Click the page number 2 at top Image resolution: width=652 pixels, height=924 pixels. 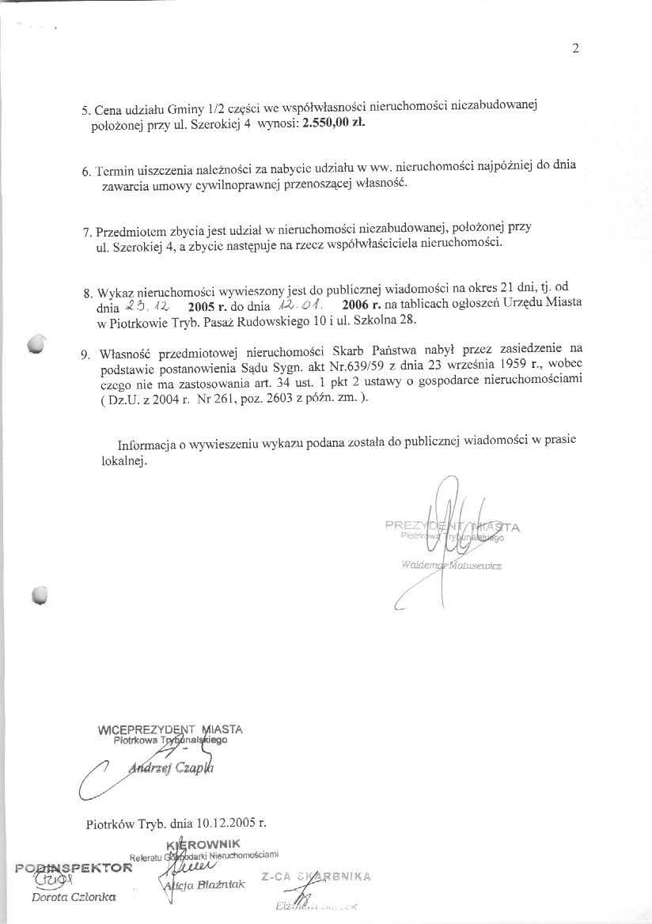tap(575, 48)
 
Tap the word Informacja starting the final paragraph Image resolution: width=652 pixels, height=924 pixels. tap(147, 445)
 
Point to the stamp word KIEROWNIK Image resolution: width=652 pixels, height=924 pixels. tap(204, 843)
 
